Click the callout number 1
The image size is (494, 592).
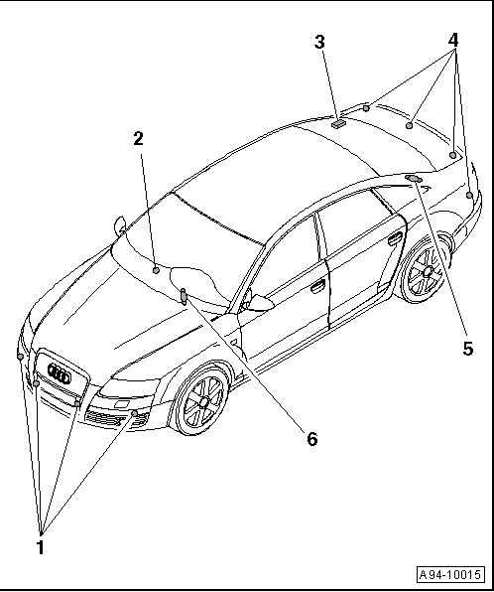[41, 547]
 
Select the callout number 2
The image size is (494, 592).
[139, 138]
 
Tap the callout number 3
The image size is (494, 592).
[319, 42]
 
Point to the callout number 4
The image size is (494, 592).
[453, 40]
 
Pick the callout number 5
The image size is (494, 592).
[468, 349]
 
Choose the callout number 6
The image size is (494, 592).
[312, 439]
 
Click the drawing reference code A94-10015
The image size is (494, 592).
[450, 575]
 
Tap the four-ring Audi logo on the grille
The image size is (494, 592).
[60, 373]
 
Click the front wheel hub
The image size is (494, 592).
[204, 401]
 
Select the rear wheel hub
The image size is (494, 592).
[428, 271]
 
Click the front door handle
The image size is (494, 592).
[317, 286]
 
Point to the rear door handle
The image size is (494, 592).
[395, 238]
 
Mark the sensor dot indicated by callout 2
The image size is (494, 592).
[156, 270]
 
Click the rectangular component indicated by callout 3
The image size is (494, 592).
[338, 124]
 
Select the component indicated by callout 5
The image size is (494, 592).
[414, 178]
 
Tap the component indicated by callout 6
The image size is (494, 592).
[184, 296]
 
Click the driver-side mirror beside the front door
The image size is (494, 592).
[260, 303]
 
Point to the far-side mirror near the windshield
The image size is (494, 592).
[120, 226]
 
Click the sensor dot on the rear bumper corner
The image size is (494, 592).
[469, 196]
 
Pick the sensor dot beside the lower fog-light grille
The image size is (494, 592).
[134, 413]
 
